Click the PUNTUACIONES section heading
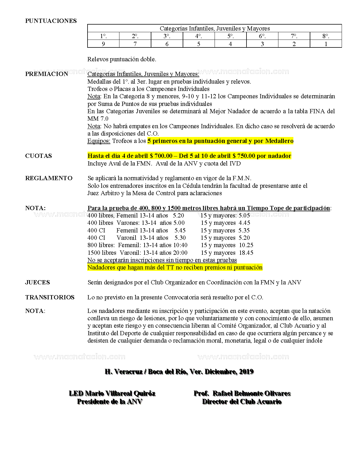(51, 21)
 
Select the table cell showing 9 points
(103, 44)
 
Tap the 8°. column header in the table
(326, 36)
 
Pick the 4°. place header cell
(198, 36)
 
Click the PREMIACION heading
(47, 74)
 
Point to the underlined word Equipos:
(99, 141)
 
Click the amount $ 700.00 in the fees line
(161, 156)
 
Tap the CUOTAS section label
(38, 156)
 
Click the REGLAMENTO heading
(49, 178)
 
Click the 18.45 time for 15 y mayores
(246, 253)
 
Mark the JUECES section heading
(38, 282)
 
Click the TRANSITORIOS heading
(50, 297)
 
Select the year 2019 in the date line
(246, 372)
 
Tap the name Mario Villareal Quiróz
(120, 393)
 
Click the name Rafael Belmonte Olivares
(252, 393)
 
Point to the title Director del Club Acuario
(242, 402)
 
